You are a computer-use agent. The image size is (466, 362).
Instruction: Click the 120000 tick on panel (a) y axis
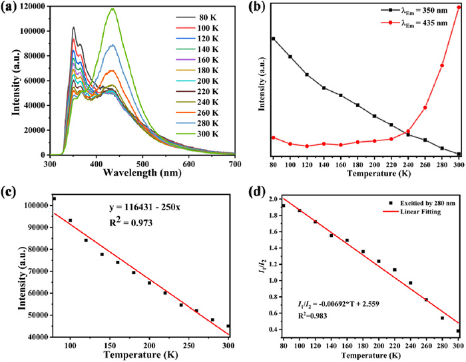pyautogui.click(x=31, y=6)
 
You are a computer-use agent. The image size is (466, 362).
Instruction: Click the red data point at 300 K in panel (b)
pyautogui.click(x=459, y=7)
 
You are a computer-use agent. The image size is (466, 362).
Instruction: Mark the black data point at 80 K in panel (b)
pyautogui.click(x=273, y=39)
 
